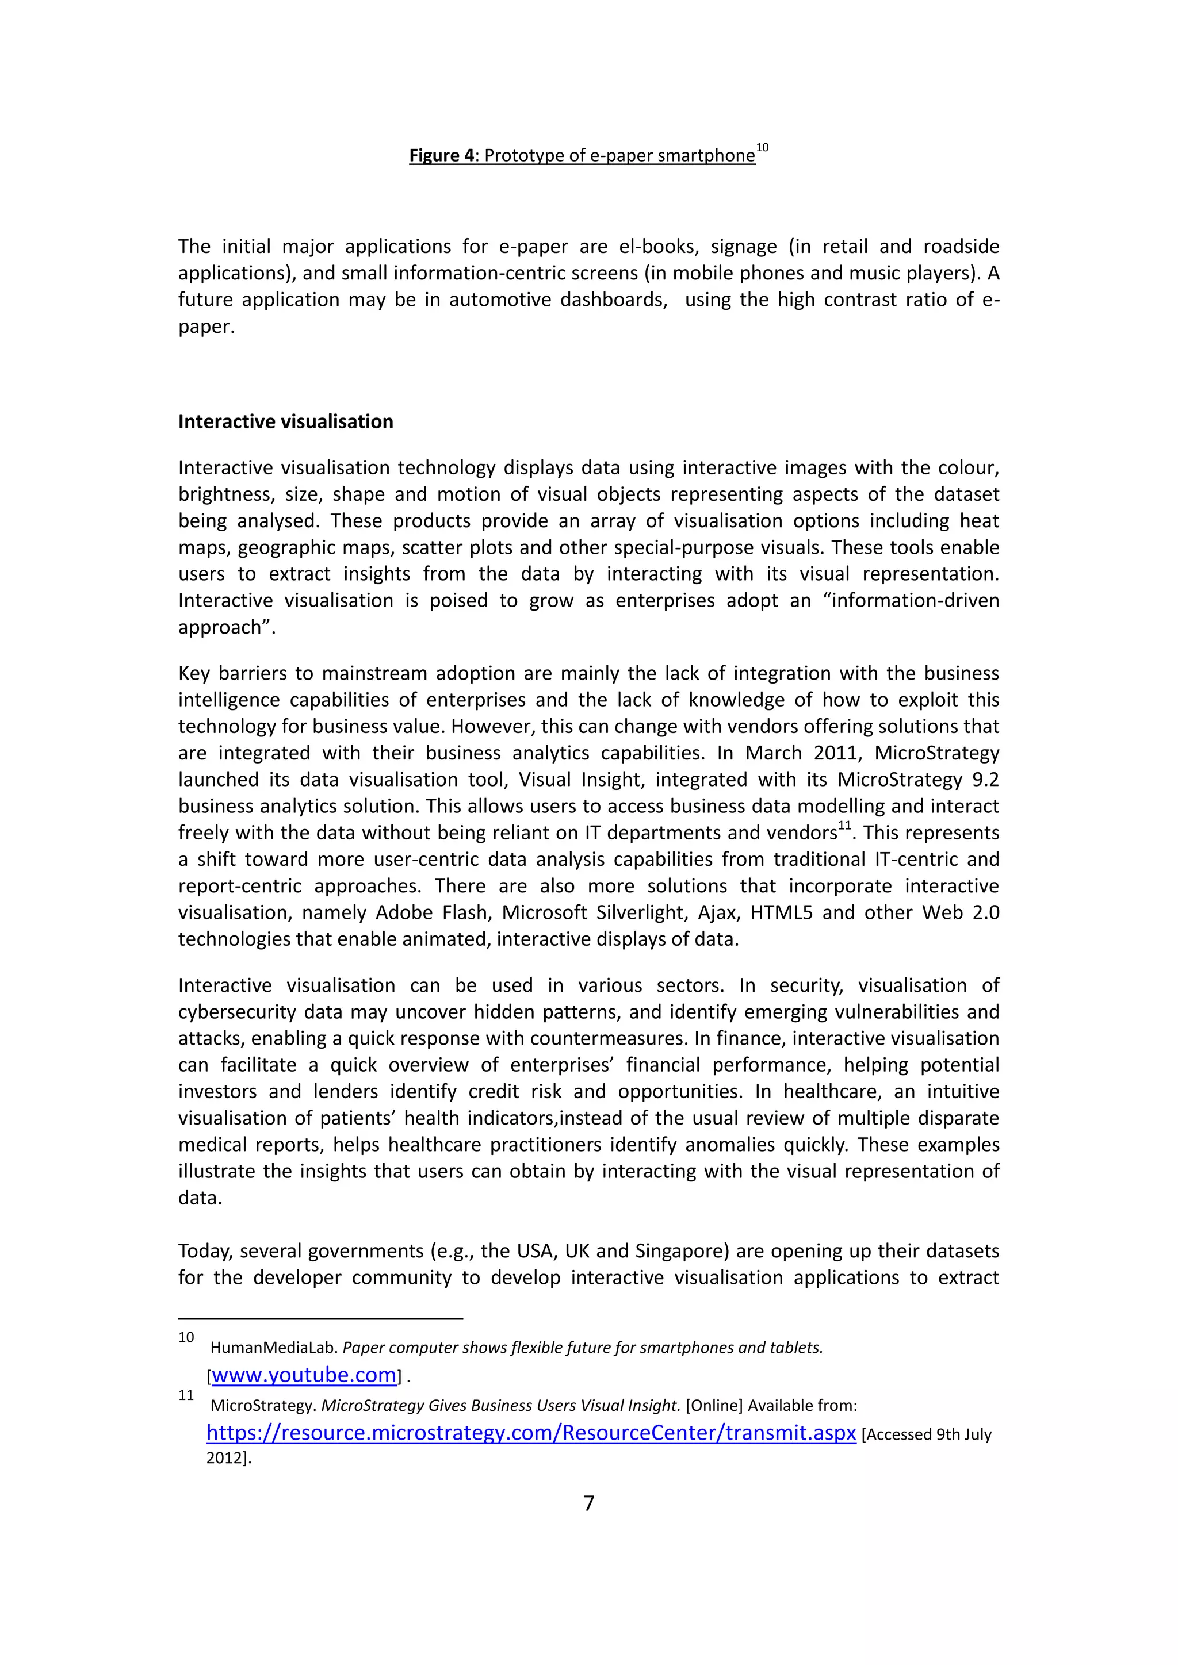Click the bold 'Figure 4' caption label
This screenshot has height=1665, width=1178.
click(x=441, y=155)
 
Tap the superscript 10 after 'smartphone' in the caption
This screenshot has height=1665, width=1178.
click(x=762, y=148)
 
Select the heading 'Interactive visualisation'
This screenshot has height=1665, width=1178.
click(x=286, y=421)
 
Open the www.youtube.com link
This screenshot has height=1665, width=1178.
click(x=304, y=1375)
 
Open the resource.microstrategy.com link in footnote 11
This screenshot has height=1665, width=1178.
click(x=531, y=1433)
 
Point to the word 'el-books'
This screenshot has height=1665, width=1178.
click(x=659, y=247)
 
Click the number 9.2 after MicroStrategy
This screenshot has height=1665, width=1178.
click(x=985, y=780)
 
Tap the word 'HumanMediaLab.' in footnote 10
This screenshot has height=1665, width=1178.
click(x=274, y=1348)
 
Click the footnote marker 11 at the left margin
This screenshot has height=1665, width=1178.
click(x=186, y=1395)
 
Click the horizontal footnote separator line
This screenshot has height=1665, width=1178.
click(x=320, y=1318)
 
